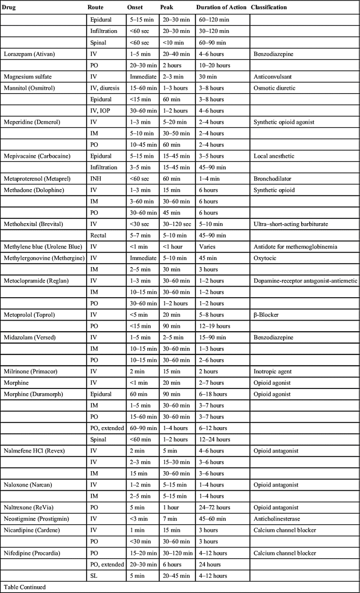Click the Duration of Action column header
click(x=221, y=8)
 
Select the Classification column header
click(x=268, y=8)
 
